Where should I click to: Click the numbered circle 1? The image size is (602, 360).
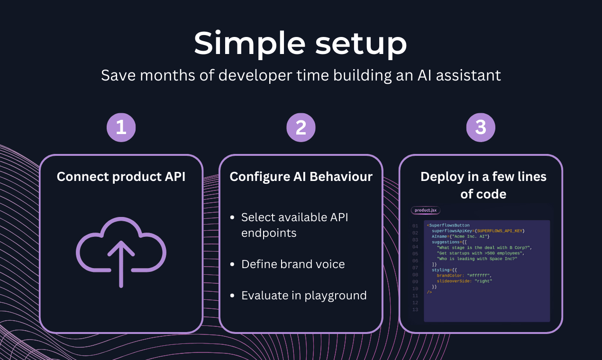pyautogui.click(x=121, y=127)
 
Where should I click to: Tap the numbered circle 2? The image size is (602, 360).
pyautogui.click(x=301, y=127)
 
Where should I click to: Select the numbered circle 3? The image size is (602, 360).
pyautogui.click(x=481, y=127)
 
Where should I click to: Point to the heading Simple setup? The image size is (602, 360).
pyautogui.click(x=301, y=44)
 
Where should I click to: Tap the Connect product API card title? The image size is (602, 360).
pyautogui.click(x=121, y=177)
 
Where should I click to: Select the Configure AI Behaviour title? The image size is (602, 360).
pyautogui.click(x=301, y=177)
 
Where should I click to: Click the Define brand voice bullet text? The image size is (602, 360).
pyautogui.click(x=293, y=264)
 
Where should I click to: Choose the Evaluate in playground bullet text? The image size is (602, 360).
pyautogui.click(x=304, y=296)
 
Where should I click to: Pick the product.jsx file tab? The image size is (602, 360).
pyautogui.click(x=425, y=210)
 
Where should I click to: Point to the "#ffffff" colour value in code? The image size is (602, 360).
pyautogui.click(x=479, y=275)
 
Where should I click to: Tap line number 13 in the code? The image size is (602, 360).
pyautogui.click(x=415, y=310)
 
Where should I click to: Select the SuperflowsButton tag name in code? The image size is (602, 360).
pyautogui.click(x=449, y=225)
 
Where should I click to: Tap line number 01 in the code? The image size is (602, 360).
pyautogui.click(x=415, y=226)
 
